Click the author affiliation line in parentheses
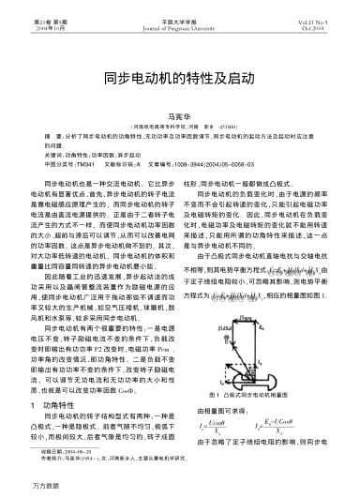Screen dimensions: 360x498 click(179, 122)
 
